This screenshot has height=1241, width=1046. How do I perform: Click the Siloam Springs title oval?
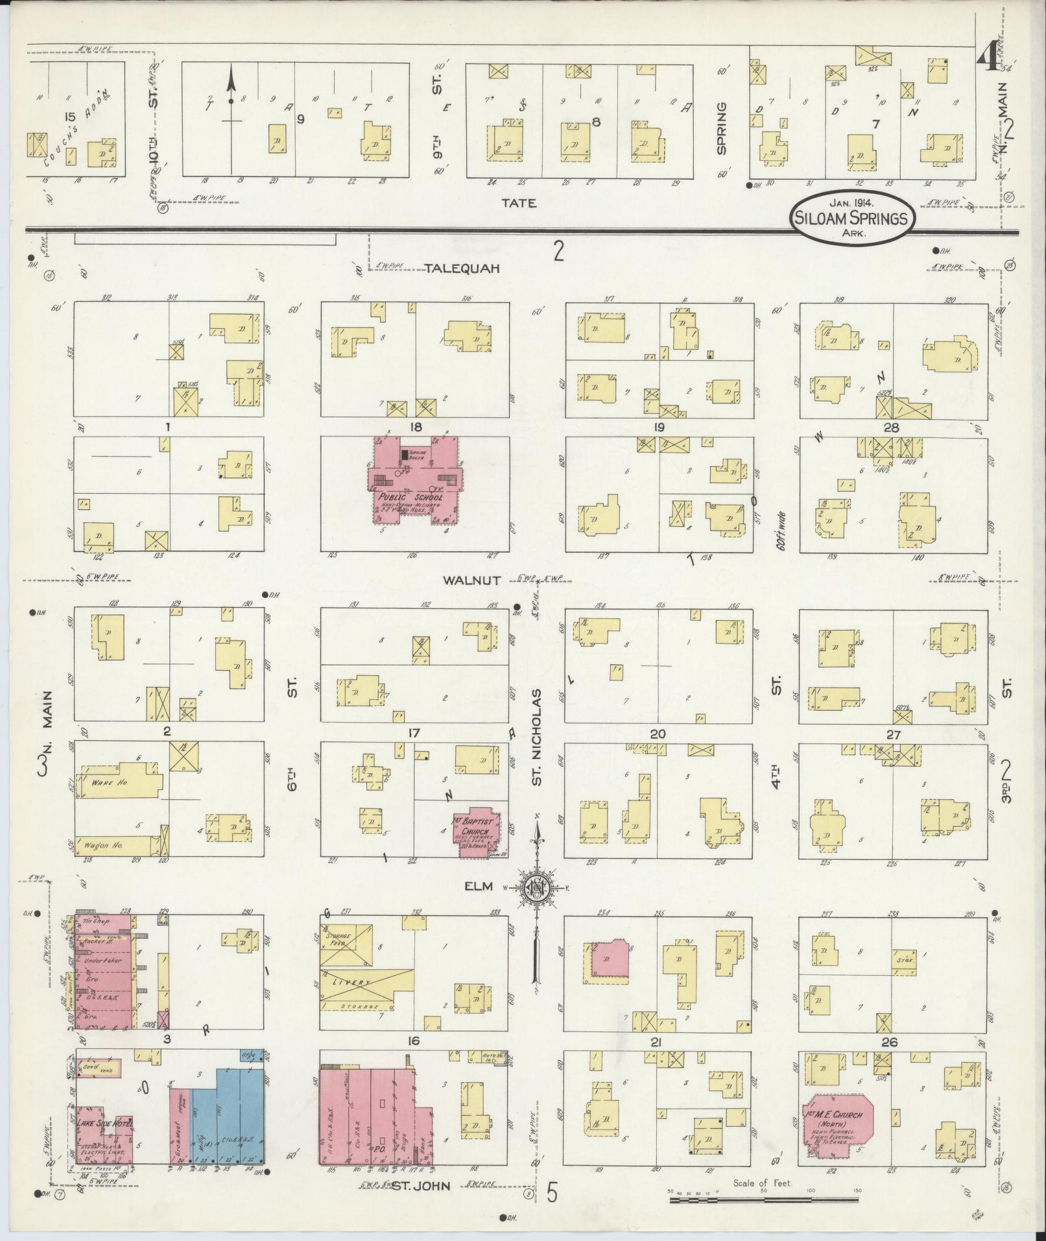tap(852, 219)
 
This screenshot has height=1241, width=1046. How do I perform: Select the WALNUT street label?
tap(471, 581)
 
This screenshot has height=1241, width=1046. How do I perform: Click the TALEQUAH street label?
tap(462, 269)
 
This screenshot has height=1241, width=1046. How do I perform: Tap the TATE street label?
tap(519, 203)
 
